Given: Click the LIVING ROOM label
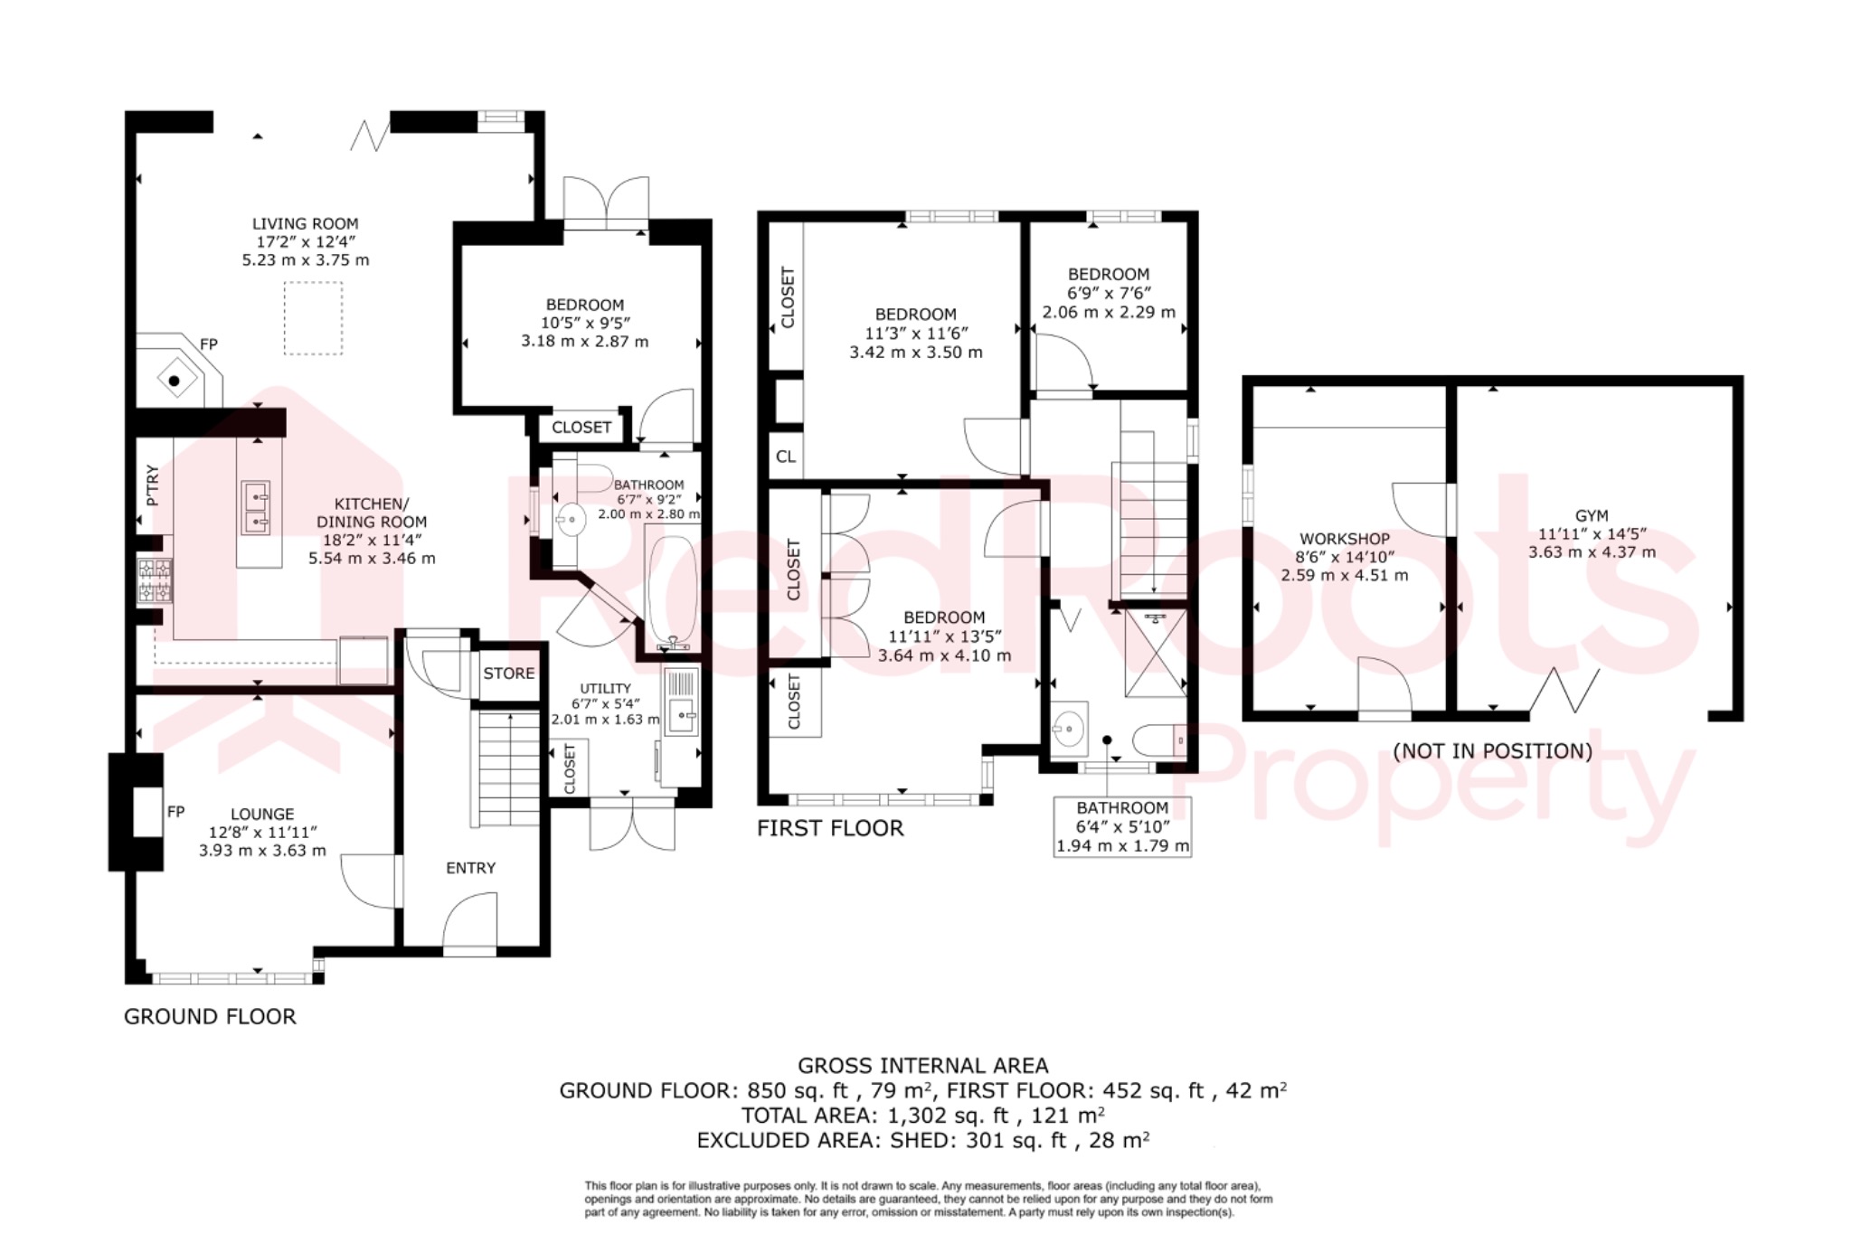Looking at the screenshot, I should [305, 223].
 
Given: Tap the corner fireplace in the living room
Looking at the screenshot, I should [175, 380].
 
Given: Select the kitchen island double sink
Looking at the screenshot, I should [256, 508].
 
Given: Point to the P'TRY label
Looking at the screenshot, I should [152, 485].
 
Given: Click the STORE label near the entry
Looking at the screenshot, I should [508, 674].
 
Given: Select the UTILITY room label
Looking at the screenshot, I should [605, 688].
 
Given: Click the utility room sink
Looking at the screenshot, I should [682, 715].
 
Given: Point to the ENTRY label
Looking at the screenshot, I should [470, 868].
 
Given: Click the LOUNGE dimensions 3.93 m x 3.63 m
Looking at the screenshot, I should [262, 851].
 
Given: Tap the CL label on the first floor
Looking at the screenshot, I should [786, 457].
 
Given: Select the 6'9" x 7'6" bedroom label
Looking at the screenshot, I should [1109, 293].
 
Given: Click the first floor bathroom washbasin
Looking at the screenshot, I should [1070, 726].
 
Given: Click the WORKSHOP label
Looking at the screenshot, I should [1344, 539].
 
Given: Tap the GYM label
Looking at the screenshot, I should [1592, 515].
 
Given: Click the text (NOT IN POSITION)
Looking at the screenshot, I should [1492, 751].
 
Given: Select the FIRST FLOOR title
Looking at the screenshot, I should [830, 828].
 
